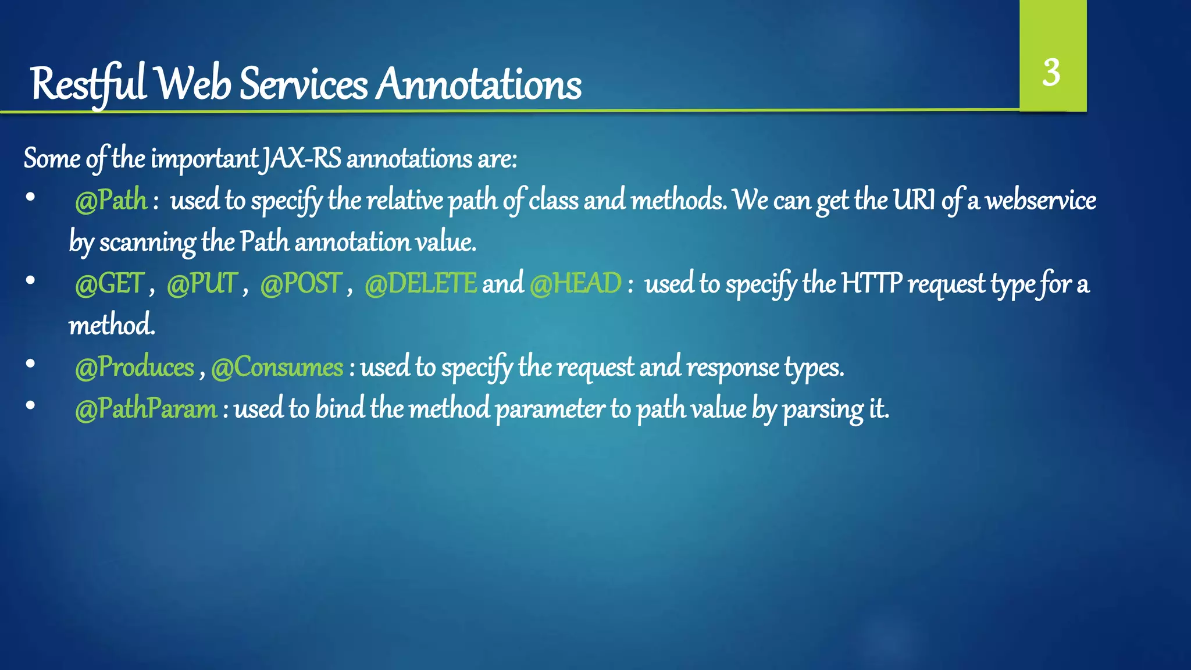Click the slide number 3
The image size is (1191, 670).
tap(1051, 73)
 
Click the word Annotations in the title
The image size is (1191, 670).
tap(478, 84)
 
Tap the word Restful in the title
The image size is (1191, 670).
tap(88, 84)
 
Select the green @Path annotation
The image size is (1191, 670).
tap(111, 201)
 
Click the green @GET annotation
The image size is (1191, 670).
tap(109, 284)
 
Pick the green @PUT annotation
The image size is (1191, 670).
tap(202, 284)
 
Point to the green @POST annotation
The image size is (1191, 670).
tap(300, 284)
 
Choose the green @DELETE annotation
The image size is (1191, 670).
tap(420, 284)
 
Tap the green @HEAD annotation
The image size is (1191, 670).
tap(576, 284)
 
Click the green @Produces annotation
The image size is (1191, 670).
tap(134, 368)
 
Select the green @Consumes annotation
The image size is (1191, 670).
tap(277, 368)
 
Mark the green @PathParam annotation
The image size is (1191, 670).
tap(146, 409)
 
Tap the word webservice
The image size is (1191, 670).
tap(1040, 201)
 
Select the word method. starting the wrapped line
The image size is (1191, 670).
tap(112, 325)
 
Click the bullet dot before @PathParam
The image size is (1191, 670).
tap(31, 406)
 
